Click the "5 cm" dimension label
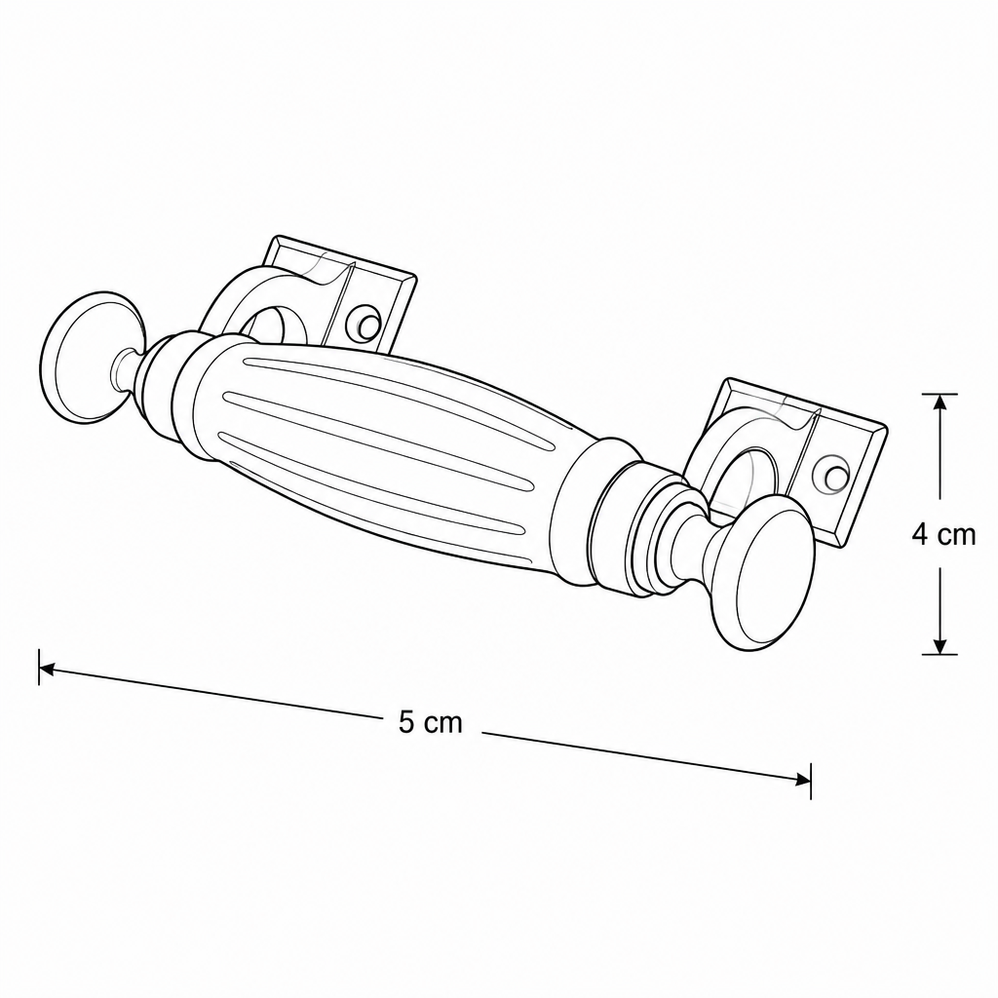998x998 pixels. [430, 723]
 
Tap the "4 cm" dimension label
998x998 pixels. [943, 535]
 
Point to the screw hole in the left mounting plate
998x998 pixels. [365, 325]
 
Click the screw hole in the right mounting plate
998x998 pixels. [832, 473]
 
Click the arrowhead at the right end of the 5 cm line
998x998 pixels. [803, 780]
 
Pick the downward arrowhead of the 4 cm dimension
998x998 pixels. [940, 645]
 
